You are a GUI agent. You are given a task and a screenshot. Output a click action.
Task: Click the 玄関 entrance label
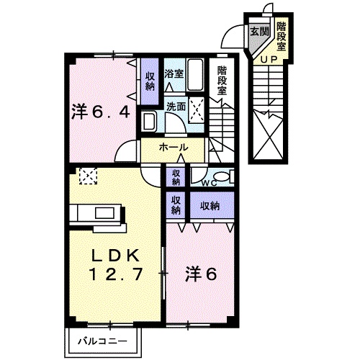[x=259, y=32]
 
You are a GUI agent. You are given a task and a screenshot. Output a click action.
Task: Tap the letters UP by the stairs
[x=269, y=60]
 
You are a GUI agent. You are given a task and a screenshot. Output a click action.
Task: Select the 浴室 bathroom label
[x=174, y=73]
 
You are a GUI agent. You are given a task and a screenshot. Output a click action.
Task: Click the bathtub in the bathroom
[x=195, y=75]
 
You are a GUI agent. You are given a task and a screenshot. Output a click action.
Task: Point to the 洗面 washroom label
[x=176, y=107]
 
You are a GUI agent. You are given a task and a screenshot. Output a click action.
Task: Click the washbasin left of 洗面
[x=149, y=121]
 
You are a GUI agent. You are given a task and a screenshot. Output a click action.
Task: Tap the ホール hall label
[x=173, y=147]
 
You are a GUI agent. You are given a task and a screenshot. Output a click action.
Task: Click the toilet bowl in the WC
[x=222, y=177]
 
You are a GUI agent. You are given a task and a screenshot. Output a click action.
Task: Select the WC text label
[x=209, y=183]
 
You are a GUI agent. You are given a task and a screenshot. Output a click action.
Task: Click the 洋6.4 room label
[x=101, y=112]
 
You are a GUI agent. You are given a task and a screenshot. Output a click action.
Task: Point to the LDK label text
[x=116, y=256]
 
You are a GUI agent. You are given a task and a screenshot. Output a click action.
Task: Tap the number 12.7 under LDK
[x=117, y=274]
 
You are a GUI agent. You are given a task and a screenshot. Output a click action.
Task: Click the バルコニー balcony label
[x=102, y=341]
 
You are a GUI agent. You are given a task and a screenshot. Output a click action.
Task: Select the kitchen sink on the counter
[x=104, y=213]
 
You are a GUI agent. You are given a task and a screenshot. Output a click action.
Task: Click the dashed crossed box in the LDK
[x=88, y=176]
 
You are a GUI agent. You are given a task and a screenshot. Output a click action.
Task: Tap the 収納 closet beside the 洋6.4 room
[x=150, y=81]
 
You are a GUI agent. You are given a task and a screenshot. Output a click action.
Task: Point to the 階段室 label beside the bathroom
[x=222, y=81]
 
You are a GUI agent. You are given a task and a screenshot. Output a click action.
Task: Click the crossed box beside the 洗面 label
[x=197, y=110]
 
